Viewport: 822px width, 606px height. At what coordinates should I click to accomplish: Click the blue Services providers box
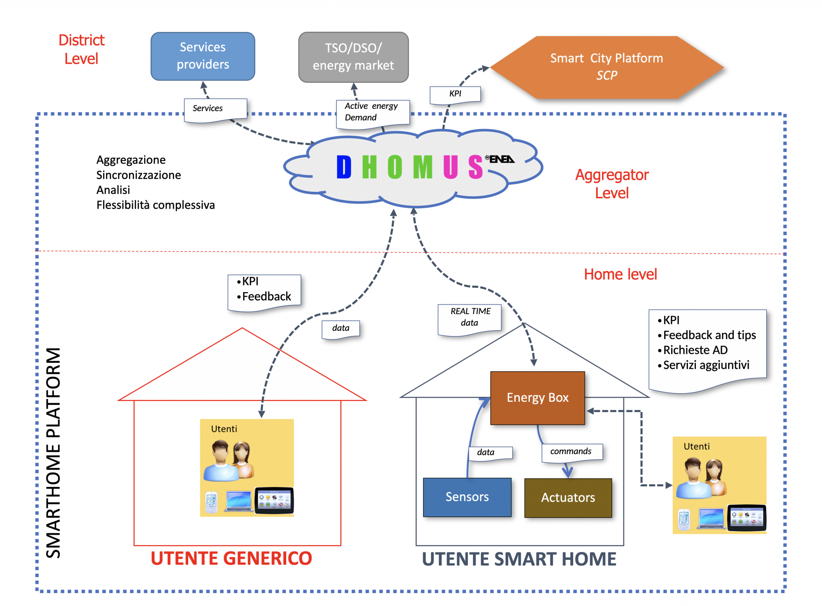point(203,56)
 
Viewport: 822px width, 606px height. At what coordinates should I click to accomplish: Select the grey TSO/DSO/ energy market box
point(353,57)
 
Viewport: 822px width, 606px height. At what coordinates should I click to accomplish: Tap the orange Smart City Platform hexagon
point(606,67)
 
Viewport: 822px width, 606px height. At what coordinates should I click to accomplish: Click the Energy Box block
point(537,398)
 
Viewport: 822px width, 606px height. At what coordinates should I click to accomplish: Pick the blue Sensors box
point(467,497)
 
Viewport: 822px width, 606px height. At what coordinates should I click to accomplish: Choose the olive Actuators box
point(568,498)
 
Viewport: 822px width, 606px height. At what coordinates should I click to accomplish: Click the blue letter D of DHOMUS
point(344,167)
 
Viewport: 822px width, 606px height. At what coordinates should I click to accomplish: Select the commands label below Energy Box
point(571,451)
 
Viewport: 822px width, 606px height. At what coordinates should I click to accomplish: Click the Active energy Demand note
point(371,112)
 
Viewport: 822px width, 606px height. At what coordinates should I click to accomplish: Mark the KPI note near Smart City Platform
point(455,94)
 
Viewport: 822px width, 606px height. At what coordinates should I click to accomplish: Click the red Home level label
point(620,275)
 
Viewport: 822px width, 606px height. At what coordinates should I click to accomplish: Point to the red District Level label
point(81,49)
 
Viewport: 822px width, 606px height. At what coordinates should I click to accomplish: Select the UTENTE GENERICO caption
point(231,558)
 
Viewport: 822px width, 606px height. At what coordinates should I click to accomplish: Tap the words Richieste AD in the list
point(695,350)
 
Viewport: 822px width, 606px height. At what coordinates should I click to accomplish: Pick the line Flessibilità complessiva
point(156,205)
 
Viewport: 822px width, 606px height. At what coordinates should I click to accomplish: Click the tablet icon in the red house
point(275,500)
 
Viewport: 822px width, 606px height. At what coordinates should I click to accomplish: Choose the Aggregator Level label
point(612,184)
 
